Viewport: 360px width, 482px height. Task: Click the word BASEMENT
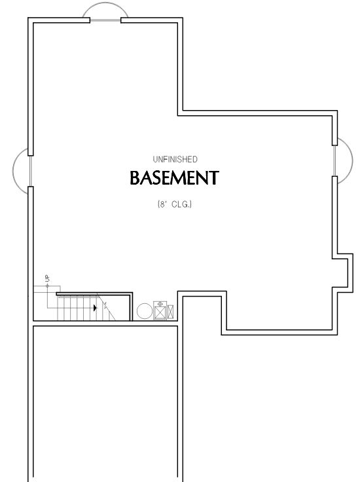click(175, 177)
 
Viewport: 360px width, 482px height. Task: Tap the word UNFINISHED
click(175, 159)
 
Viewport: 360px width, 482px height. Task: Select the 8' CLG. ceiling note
click(175, 204)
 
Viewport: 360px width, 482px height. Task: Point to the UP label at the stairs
click(47, 278)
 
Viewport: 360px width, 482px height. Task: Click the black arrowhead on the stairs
click(95, 308)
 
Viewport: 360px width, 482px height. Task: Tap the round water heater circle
click(145, 311)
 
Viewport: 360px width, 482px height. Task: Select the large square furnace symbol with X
click(160, 312)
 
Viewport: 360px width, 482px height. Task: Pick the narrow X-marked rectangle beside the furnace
click(170, 312)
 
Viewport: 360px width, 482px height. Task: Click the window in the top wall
click(105, 20)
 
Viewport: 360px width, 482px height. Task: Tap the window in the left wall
click(30, 171)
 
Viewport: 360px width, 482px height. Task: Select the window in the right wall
click(335, 160)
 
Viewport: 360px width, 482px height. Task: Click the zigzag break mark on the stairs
click(105, 306)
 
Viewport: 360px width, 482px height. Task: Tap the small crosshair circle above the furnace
click(160, 304)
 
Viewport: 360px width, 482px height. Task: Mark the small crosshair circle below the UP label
click(47, 286)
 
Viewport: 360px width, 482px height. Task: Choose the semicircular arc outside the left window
click(13, 171)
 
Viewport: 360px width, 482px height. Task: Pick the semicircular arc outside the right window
click(352, 160)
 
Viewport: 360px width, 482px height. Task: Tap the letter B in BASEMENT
click(135, 178)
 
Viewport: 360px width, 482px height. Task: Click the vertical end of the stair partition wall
click(132, 306)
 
